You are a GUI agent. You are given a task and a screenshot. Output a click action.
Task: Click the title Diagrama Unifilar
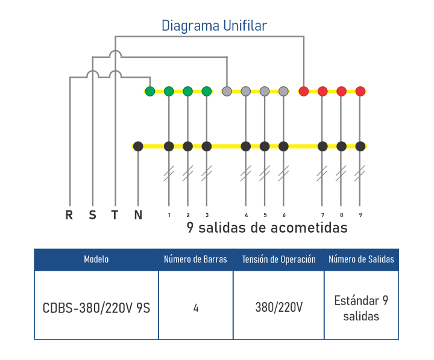click(x=214, y=26)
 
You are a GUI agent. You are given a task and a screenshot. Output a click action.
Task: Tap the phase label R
click(x=70, y=215)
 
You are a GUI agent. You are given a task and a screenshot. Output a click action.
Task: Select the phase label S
click(x=92, y=215)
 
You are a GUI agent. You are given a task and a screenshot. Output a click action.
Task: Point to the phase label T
click(x=115, y=215)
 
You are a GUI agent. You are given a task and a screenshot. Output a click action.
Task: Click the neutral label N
click(x=138, y=215)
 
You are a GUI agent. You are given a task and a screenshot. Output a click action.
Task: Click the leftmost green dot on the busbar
click(x=150, y=92)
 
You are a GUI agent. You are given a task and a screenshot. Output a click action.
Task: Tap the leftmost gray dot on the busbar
click(x=227, y=92)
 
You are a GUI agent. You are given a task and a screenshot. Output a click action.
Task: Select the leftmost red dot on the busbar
click(x=304, y=92)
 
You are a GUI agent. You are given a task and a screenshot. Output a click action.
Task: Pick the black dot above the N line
click(x=138, y=146)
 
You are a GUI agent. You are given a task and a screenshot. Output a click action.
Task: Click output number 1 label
click(x=169, y=215)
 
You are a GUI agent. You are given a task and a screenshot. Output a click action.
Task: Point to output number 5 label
click(x=265, y=215)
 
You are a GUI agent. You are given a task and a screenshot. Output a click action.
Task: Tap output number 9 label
click(x=360, y=215)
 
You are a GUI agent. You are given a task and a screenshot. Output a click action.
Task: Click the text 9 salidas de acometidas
click(x=267, y=229)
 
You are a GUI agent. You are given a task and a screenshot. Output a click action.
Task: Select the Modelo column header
click(x=96, y=259)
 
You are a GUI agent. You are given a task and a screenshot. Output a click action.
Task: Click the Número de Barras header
click(x=196, y=259)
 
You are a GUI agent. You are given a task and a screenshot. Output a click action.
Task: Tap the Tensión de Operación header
click(x=278, y=259)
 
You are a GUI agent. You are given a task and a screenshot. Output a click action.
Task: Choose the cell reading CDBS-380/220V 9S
click(x=96, y=308)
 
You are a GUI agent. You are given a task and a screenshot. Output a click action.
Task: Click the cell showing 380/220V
click(x=278, y=308)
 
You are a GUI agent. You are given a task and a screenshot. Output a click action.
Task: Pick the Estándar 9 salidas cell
click(x=361, y=308)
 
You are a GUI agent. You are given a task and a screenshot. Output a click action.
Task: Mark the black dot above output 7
click(x=322, y=146)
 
